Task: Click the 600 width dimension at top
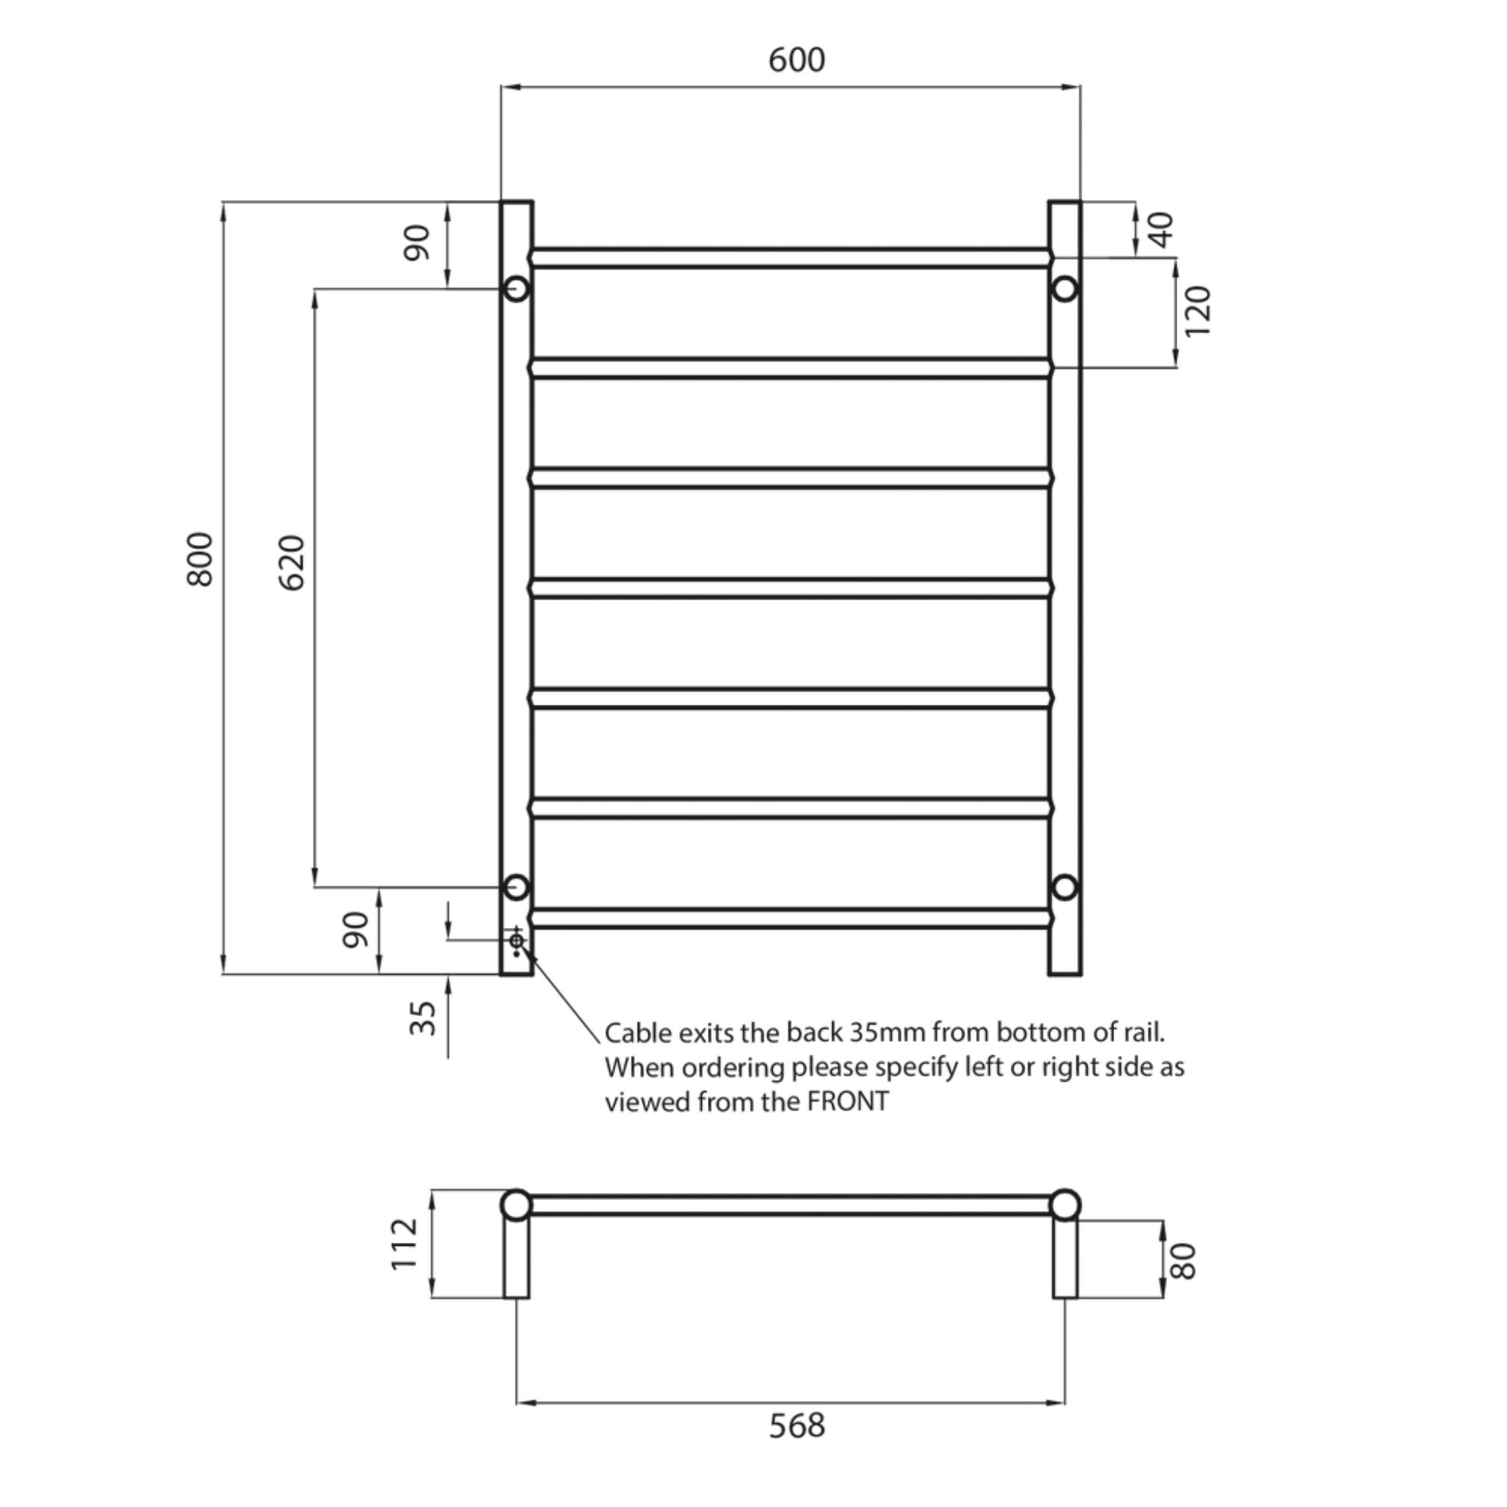click(x=795, y=60)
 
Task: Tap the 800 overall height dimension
click(x=199, y=559)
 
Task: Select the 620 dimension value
click(x=291, y=562)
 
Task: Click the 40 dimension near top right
click(x=1161, y=230)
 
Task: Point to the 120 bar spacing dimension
click(x=1197, y=311)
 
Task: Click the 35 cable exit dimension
click(x=423, y=1018)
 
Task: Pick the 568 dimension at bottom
click(x=795, y=1425)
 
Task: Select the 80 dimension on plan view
click(x=1183, y=1261)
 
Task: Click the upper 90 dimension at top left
click(x=416, y=242)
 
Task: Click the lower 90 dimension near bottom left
click(x=355, y=929)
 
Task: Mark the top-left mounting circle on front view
click(x=517, y=288)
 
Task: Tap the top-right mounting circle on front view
click(x=1065, y=289)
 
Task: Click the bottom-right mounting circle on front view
click(x=1065, y=887)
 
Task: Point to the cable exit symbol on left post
click(x=517, y=941)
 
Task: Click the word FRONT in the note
click(x=847, y=1102)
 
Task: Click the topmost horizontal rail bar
click(x=790, y=258)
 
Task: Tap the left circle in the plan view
click(x=516, y=1205)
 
